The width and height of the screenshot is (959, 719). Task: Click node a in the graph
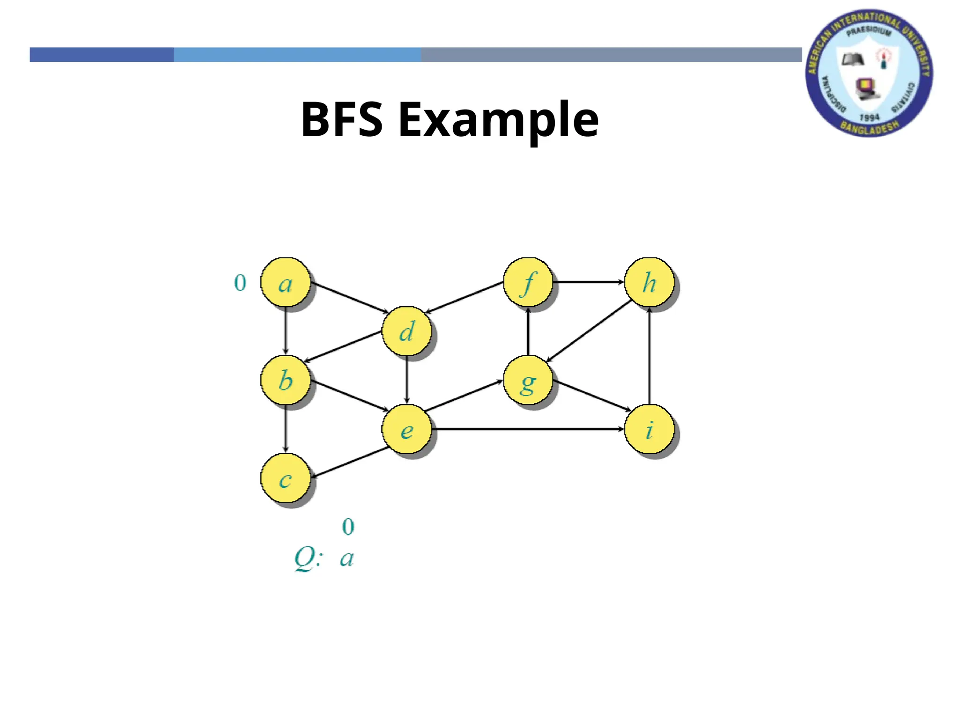click(x=285, y=282)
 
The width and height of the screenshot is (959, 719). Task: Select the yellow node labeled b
click(x=285, y=380)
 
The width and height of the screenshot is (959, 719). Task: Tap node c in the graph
click(x=285, y=478)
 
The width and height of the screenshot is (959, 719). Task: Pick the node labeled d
click(x=406, y=331)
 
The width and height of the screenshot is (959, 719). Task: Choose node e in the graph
click(x=406, y=429)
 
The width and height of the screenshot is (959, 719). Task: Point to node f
click(x=528, y=282)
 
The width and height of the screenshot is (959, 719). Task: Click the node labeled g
click(x=528, y=381)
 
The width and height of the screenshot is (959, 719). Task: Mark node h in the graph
click(x=649, y=282)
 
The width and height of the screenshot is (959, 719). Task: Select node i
click(x=649, y=429)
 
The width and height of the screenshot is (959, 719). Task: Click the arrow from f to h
click(x=589, y=282)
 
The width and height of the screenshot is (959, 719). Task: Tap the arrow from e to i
click(x=528, y=429)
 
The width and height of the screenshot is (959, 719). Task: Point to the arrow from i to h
click(x=649, y=356)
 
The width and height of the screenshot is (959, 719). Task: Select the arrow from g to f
click(x=528, y=331)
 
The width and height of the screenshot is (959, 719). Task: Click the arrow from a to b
click(x=286, y=331)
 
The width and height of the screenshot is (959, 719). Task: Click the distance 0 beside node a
click(x=240, y=283)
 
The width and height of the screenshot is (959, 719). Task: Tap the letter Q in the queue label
click(x=305, y=558)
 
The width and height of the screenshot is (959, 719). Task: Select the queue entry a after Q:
click(x=347, y=558)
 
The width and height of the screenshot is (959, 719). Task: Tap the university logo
click(x=869, y=73)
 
